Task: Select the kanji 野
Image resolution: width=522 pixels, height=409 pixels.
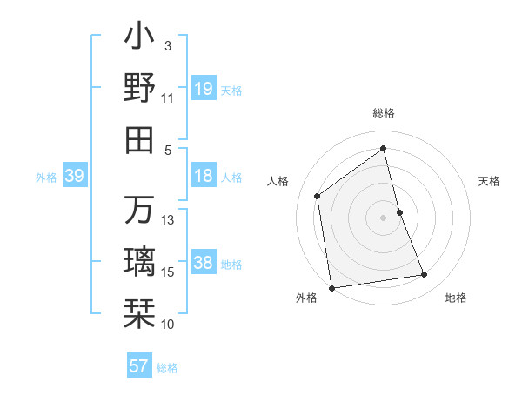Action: point(139,87)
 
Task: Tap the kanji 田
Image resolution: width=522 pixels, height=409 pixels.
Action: point(139,138)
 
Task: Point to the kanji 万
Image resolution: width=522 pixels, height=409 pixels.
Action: point(139,210)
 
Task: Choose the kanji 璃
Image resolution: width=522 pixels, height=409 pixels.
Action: point(139,262)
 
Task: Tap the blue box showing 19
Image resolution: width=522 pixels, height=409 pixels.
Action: point(204,89)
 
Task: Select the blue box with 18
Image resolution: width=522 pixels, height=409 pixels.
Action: point(204,176)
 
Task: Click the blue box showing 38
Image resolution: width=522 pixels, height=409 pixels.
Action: point(204,263)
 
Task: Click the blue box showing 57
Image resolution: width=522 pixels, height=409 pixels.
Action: point(139,366)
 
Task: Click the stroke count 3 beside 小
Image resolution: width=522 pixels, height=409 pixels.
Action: point(168,45)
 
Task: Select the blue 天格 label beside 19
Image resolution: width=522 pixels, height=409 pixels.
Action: point(231,90)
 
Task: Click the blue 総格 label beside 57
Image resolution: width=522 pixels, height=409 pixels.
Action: point(167,367)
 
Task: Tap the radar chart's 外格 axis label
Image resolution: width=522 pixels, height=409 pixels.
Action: point(306,298)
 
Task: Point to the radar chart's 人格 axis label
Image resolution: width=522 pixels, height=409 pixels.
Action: point(278,181)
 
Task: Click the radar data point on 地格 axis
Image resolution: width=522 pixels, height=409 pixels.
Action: point(425,275)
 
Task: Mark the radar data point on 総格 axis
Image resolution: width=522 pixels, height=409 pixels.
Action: point(383,148)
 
